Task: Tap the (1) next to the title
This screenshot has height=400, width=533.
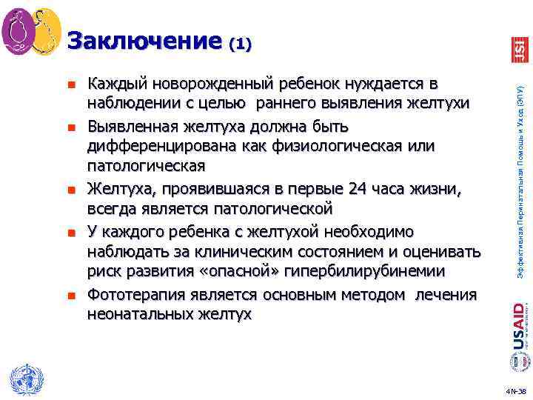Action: click(x=241, y=44)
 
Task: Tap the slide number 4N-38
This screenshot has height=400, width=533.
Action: click(x=515, y=390)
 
